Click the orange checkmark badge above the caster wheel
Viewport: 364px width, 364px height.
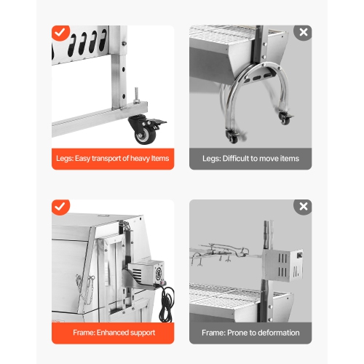[x=60, y=33]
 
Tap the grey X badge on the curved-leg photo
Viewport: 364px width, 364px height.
[x=303, y=33]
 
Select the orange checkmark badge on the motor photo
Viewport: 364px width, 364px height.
[x=60, y=207]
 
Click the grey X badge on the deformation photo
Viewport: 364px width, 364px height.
[x=303, y=207]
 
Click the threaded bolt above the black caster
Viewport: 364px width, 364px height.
[x=135, y=95]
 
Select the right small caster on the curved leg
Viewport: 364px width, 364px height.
[x=285, y=119]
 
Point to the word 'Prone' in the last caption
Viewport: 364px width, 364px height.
[x=240, y=333]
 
